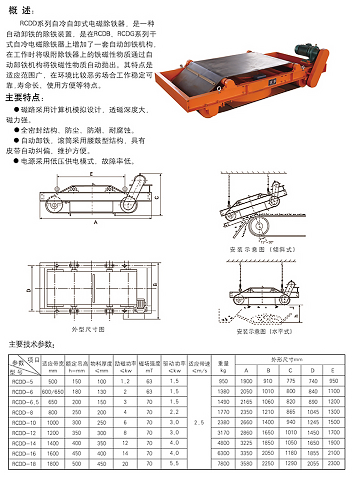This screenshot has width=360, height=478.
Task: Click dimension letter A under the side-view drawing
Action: click(95, 221)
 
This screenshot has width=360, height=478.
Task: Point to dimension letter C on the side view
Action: click(156, 197)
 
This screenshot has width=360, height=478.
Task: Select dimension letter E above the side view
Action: click(92, 174)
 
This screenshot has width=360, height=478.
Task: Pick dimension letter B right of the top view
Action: click(155, 285)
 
